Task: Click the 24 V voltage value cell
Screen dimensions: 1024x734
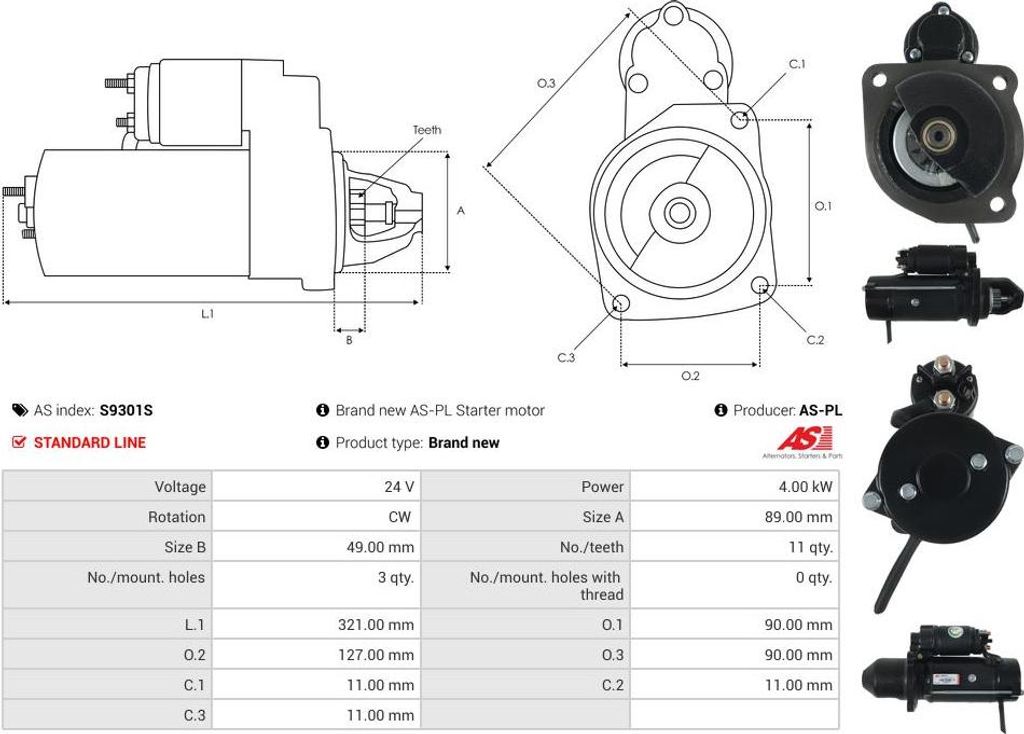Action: [399, 487]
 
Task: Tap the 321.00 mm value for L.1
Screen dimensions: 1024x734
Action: [376, 625]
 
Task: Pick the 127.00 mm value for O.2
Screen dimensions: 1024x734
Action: [376, 655]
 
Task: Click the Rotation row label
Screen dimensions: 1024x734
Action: [176, 517]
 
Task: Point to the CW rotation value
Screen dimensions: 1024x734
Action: [400, 517]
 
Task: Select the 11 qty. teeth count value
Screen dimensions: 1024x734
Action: [810, 547]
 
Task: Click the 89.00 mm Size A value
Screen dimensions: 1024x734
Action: [799, 517]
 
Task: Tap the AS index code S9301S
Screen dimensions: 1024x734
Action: [126, 411]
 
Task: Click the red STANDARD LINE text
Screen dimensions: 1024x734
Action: [89, 443]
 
